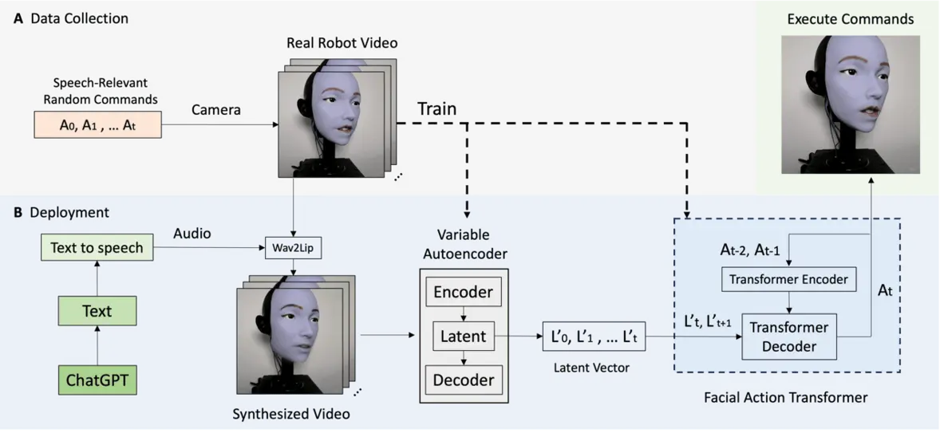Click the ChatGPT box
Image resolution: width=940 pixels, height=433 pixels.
[x=97, y=380]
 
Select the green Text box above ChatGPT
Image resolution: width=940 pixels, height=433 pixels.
[x=97, y=310]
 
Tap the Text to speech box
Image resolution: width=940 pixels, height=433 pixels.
[x=97, y=247]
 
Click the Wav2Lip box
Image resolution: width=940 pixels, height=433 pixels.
[x=294, y=247]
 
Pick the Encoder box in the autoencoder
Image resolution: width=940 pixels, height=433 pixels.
[x=463, y=292]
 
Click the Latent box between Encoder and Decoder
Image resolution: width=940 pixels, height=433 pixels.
[x=463, y=336]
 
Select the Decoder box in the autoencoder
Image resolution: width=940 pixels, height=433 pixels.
[x=463, y=380]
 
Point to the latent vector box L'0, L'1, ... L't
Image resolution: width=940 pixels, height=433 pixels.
[x=594, y=337]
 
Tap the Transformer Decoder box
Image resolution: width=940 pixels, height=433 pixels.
[x=789, y=337]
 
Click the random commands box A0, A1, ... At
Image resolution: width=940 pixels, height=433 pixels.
[x=98, y=124]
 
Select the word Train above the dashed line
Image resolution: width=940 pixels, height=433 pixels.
[x=436, y=108]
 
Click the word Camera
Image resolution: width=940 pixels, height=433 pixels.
[x=215, y=110]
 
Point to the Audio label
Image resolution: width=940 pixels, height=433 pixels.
[x=192, y=233]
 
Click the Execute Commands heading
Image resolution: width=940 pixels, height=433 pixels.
[x=850, y=19]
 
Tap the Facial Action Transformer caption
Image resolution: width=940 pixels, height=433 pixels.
[x=785, y=396]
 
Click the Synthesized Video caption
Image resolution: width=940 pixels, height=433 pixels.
[x=290, y=414]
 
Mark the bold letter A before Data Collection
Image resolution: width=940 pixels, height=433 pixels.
[x=18, y=18]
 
